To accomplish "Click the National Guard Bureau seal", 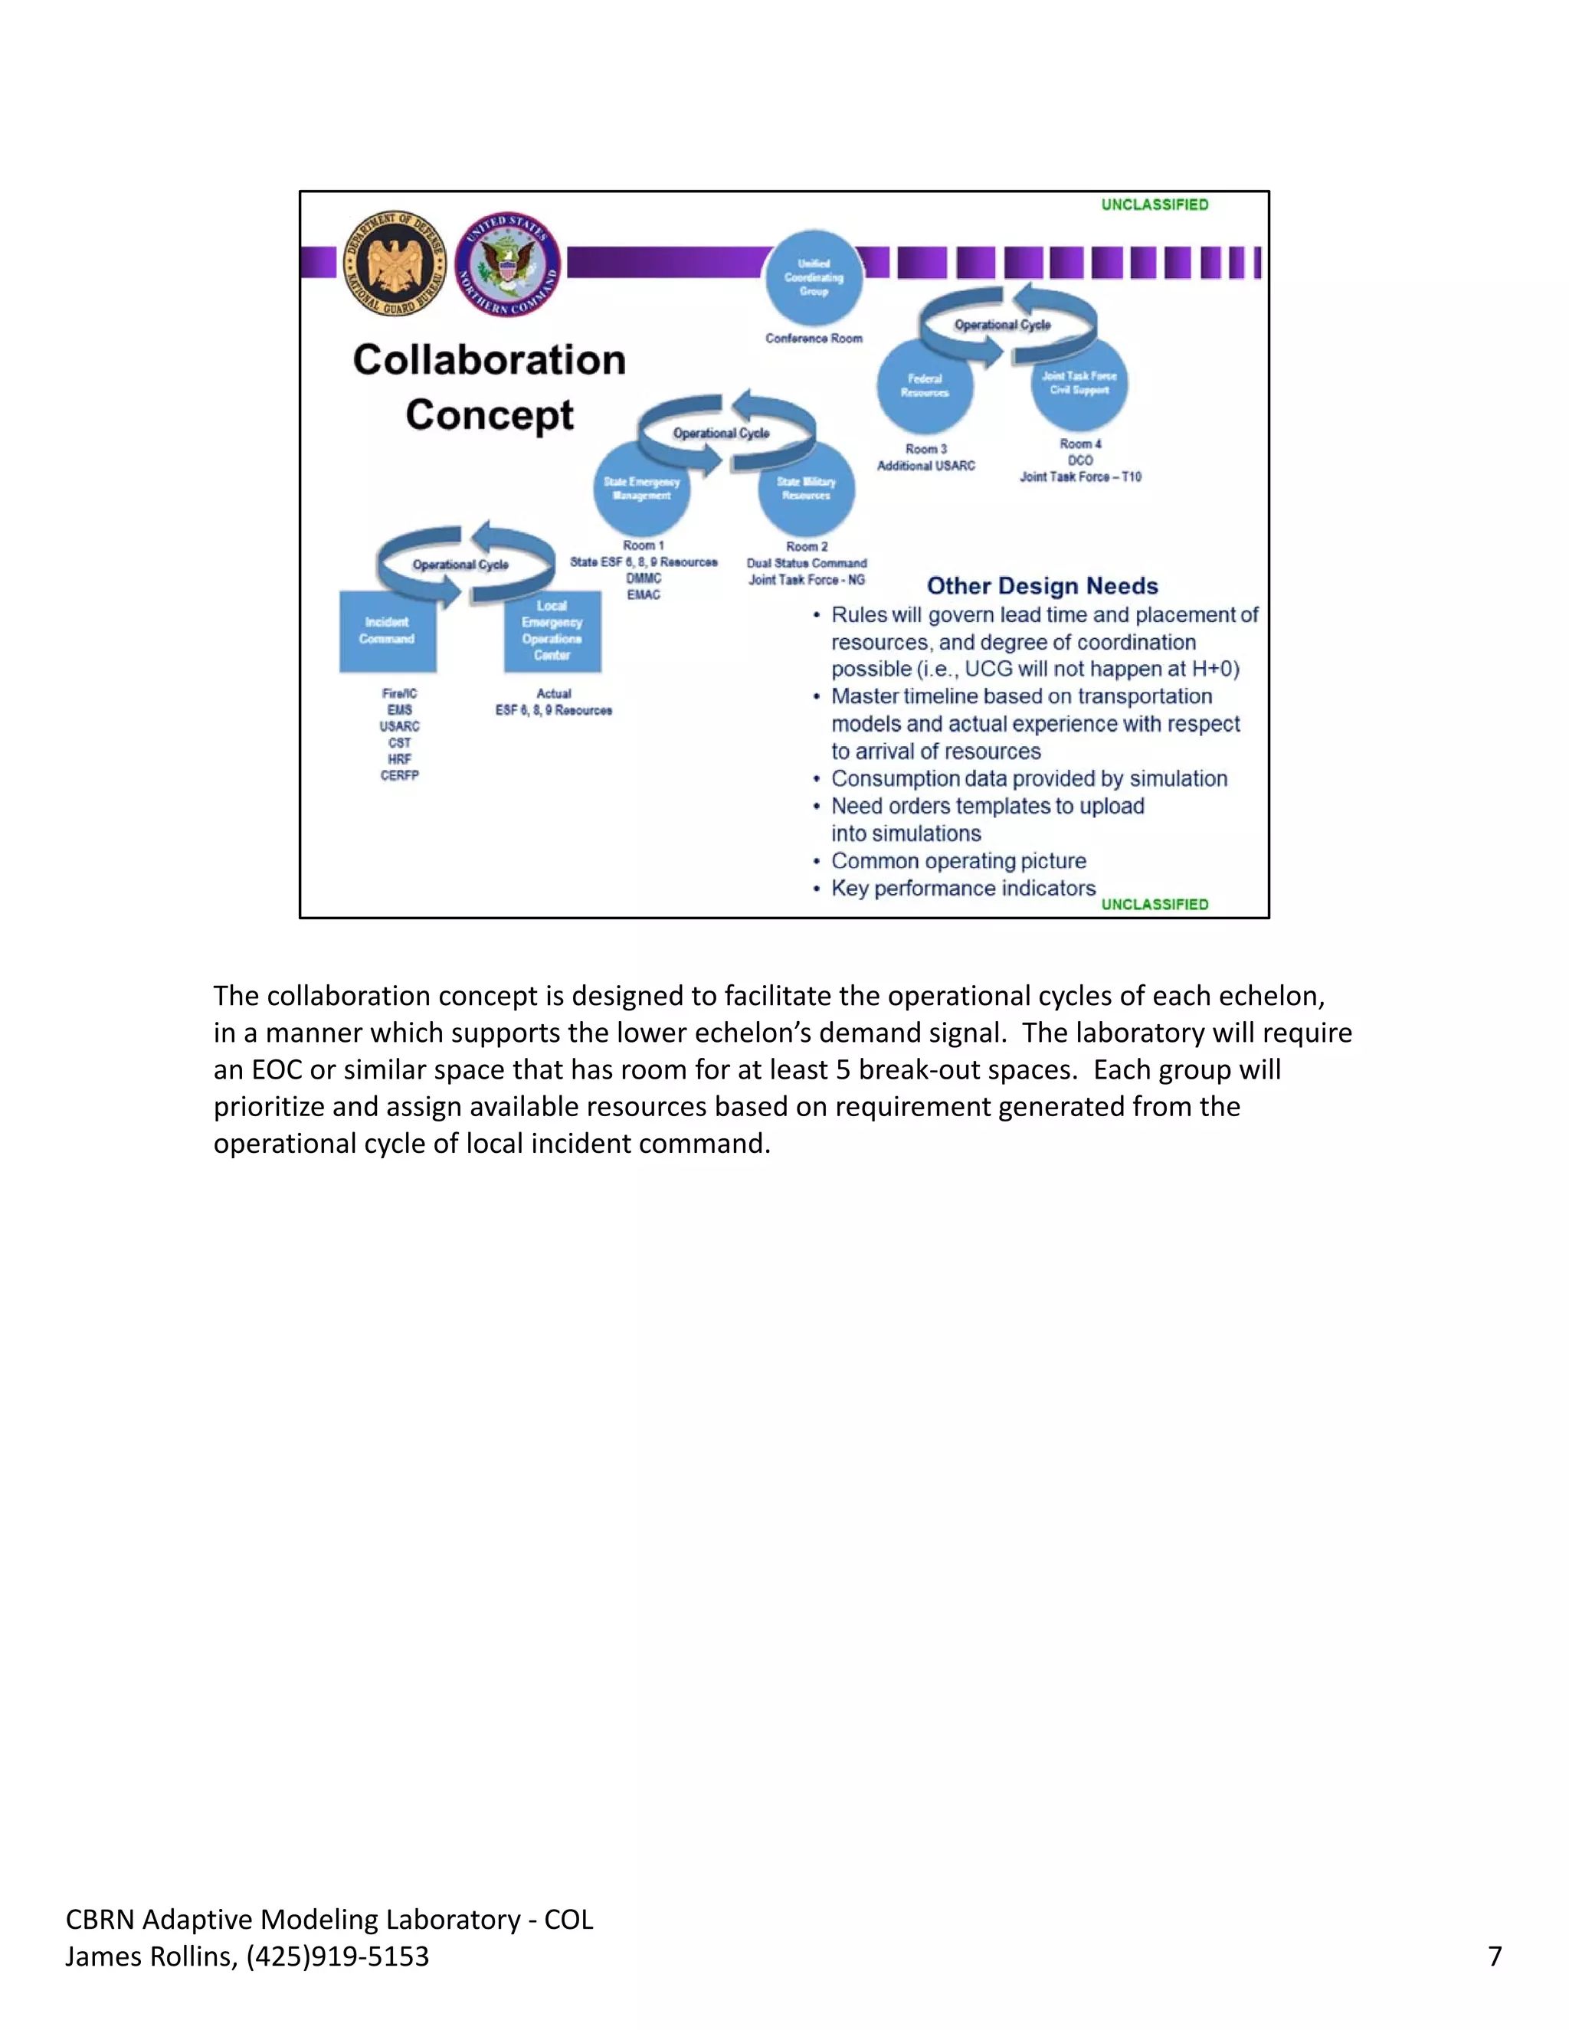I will [395, 263].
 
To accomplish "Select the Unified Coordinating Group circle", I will [814, 277].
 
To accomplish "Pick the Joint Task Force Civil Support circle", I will [1079, 383].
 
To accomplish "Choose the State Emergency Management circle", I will [641, 489].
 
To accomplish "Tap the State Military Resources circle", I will [806, 489].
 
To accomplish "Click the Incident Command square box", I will [388, 630].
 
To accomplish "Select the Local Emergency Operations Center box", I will [552, 630].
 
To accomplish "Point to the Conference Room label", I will [814, 339].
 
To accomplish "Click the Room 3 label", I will [925, 449].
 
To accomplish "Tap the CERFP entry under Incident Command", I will [400, 775].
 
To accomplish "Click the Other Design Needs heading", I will [1042, 585].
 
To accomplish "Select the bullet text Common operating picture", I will [958, 861].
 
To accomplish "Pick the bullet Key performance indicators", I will [963, 889].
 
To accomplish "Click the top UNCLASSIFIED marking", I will [1155, 205].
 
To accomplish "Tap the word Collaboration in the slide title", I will [489, 360].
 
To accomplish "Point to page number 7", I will [1495, 1956].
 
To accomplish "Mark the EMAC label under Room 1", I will [644, 595].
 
